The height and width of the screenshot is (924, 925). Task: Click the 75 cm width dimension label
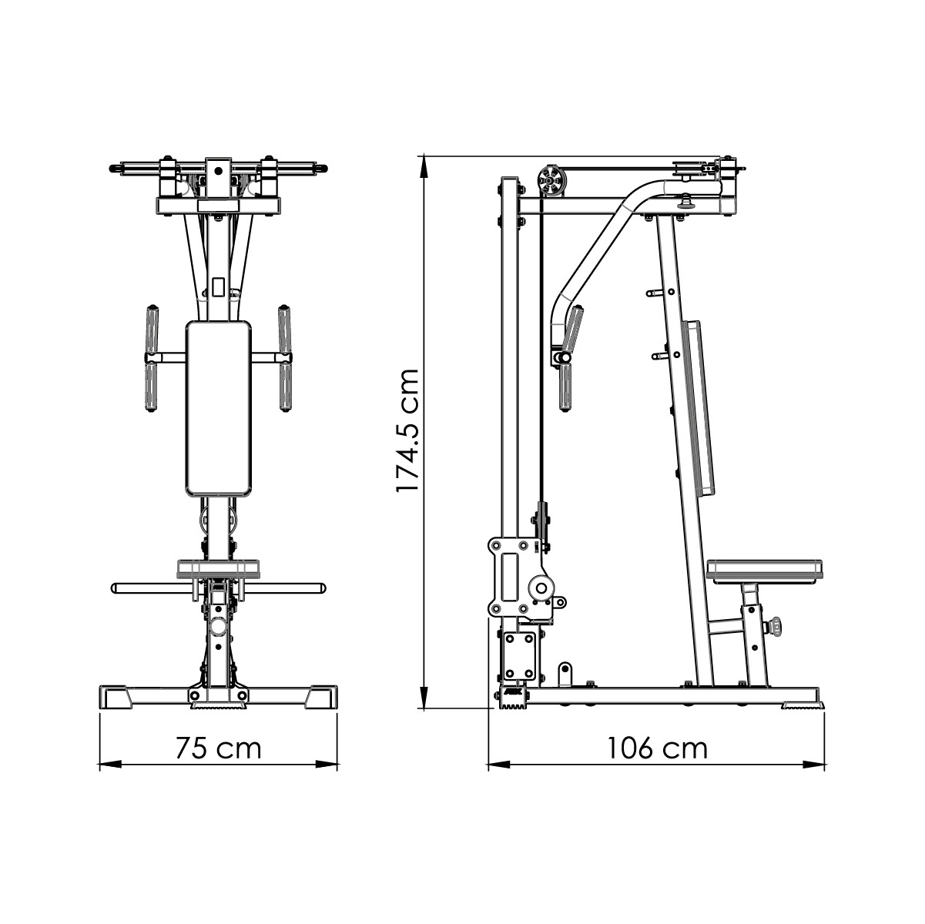(218, 748)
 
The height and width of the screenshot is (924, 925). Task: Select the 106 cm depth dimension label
(656, 748)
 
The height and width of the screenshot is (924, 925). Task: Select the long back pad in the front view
(219, 408)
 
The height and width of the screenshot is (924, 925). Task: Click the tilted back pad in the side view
(698, 408)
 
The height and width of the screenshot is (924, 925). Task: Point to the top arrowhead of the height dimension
(423, 164)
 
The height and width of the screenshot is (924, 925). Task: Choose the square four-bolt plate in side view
(518, 653)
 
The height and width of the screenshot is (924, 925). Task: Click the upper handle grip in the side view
(573, 326)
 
